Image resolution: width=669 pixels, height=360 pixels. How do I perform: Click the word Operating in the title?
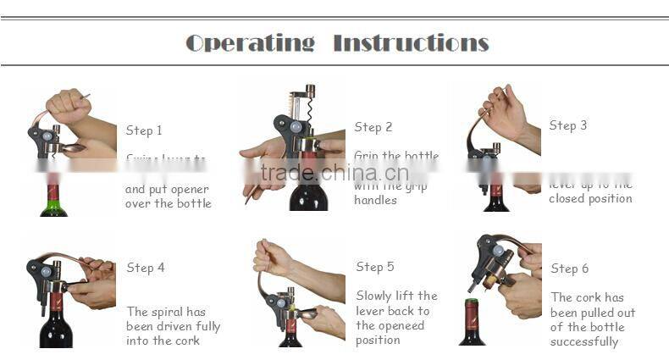250,42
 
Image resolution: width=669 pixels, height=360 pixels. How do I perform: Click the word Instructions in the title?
411,42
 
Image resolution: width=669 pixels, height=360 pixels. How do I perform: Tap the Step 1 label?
144,130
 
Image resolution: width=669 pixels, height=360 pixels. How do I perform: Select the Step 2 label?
373,127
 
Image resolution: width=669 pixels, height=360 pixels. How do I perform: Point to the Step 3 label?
567,125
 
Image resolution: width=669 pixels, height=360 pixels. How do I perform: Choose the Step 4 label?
146,268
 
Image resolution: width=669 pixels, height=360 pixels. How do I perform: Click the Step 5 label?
375,267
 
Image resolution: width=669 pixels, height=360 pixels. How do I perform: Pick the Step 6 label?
570,269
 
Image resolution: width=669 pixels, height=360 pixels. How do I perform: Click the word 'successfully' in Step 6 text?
584,342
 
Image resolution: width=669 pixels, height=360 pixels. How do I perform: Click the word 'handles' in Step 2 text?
375,201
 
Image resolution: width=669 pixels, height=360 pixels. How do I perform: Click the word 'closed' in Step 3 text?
568,198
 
